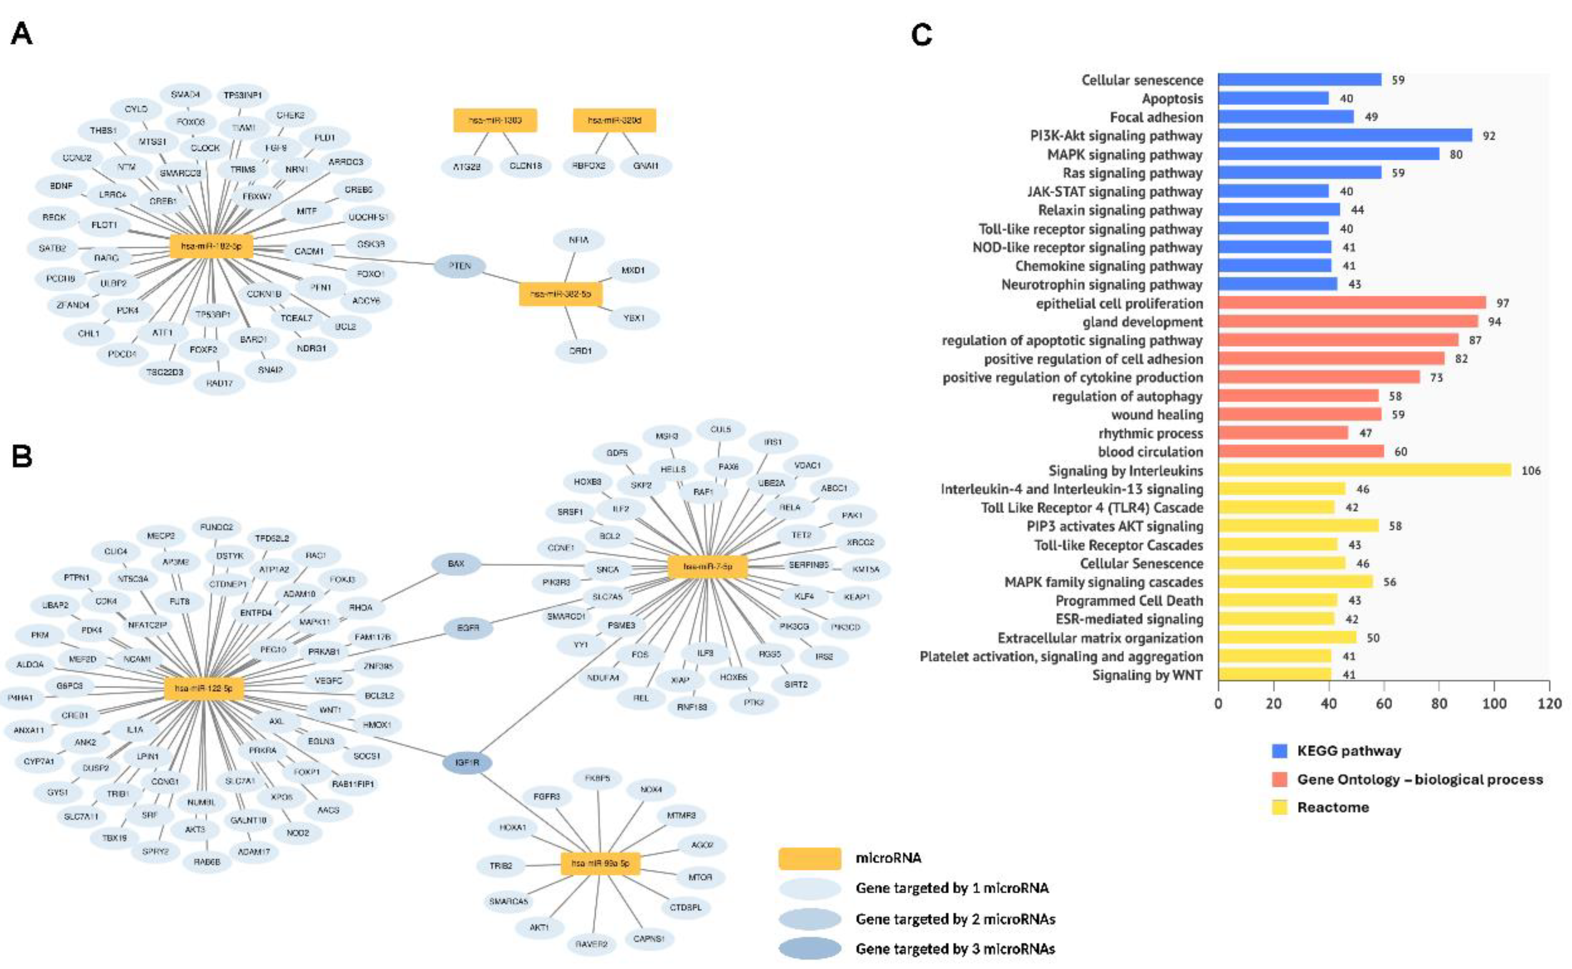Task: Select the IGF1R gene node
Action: pos(468,763)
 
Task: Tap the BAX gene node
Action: pos(455,564)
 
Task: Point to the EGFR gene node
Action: pos(468,628)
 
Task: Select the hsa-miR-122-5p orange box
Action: pos(204,688)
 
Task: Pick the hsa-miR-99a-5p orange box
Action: pos(601,863)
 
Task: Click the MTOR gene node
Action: pos(700,877)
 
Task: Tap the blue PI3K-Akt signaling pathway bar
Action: pos(1345,135)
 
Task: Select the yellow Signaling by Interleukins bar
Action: pos(1364,470)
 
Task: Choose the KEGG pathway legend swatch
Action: pos(1279,751)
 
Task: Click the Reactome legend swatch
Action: pos(1279,807)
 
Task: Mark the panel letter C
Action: pos(922,35)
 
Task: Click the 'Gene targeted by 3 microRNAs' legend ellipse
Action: pos(809,949)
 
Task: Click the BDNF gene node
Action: pos(61,186)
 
